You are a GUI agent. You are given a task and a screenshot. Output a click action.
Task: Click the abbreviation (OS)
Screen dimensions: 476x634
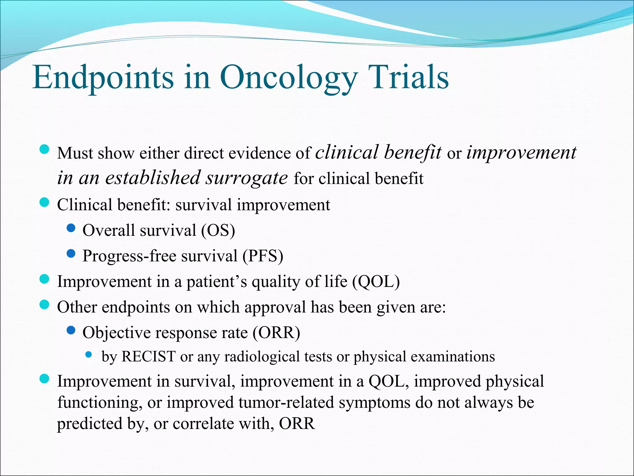(x=218, y=231)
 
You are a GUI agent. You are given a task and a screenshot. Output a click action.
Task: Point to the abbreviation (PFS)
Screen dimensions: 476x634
(x=263, y=256)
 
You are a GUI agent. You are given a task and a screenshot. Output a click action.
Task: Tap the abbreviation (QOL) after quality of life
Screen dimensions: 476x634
(x=376, y=282)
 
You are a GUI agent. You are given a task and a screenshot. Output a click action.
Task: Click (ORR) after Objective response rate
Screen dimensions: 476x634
(x=276, y=333)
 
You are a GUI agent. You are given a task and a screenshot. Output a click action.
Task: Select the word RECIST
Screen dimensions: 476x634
(x=149, y=356)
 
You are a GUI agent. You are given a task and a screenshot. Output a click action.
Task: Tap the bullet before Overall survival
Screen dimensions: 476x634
(x=71, y=228)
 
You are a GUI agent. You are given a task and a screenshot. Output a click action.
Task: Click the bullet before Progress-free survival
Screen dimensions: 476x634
(x=71, y=254)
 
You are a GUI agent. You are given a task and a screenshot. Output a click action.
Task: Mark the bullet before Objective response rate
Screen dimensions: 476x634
(x=71, y=331)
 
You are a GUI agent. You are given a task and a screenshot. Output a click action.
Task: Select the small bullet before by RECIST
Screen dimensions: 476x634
(x=89, y=355)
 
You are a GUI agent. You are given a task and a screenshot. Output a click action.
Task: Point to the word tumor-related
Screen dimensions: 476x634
(x=286, y=403)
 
